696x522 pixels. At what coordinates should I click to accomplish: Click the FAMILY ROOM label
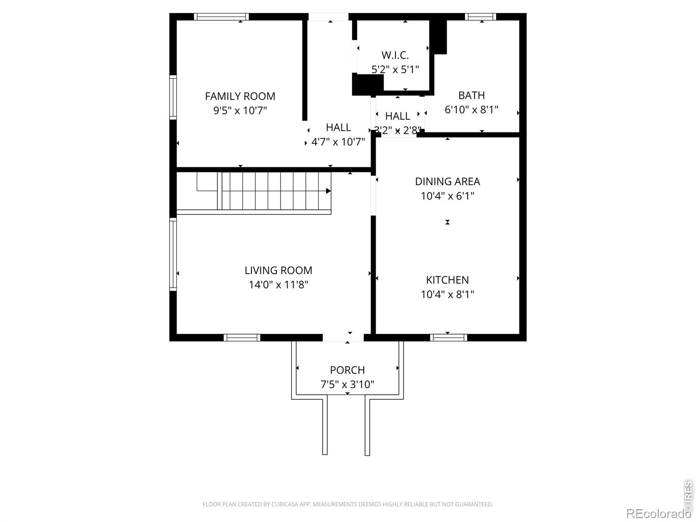tap(240, 96)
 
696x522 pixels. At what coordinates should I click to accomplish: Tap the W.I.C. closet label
tap(395, 55)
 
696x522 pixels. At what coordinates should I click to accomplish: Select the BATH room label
tap(472, 95)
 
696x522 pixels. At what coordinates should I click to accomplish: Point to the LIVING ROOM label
tap(278, 270)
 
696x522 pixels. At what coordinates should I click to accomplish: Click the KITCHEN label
tap(447, 280)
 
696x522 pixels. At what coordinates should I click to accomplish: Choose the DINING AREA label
tap(448, 181)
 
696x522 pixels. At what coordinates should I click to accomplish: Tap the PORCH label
tap(347, 370)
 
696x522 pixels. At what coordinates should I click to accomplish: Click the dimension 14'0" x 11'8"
tap(278, 284)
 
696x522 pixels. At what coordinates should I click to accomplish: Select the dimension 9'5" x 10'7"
tap(240, 110)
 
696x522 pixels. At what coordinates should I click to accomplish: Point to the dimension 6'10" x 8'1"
tap(472, 110)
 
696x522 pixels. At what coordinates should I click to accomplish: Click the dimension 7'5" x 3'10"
tap(347, 385)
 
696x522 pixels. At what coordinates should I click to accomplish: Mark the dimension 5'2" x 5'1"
tap(395, 70)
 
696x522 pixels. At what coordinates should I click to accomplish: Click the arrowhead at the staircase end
tap(328, 191)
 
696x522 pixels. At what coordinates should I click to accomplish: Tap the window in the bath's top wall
tap(480, 17)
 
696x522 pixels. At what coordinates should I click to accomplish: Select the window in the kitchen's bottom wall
tap(448, 338)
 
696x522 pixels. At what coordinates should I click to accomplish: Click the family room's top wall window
tap(221, 17)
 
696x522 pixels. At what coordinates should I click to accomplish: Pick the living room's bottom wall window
tap(242, 338)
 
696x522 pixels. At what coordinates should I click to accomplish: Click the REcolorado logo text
tap(658, 513)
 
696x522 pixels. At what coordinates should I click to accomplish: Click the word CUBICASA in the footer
tap(284, 504)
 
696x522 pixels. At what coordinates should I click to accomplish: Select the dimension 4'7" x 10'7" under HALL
tap(338, 142)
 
